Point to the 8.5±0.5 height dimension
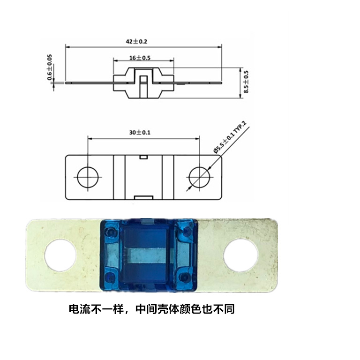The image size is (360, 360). pos(246,82)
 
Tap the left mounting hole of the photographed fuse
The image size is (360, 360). pos(61,255)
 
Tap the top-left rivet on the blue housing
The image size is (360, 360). pos(111,231)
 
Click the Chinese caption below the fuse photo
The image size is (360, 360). pos(151,310)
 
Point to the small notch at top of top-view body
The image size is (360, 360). pos(144,157)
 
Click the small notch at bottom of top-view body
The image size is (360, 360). pos(143,196)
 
